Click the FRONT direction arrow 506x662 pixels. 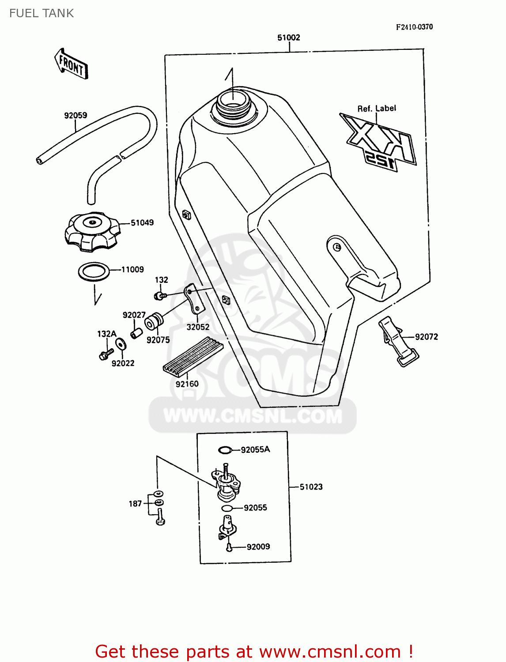(72, 64)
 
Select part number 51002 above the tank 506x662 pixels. (288, 38)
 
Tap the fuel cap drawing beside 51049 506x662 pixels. (92, 232)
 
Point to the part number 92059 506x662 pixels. (76, 115)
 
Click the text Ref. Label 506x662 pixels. (376, 108)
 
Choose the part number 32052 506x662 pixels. (198, 327)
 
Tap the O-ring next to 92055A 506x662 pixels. (225, 450)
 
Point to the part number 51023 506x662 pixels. (311, 487)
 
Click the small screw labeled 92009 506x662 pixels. (229, 547)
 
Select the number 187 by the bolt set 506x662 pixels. (135, 504)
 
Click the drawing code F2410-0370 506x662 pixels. (414, 27)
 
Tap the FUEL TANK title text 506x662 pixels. (42, 13)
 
